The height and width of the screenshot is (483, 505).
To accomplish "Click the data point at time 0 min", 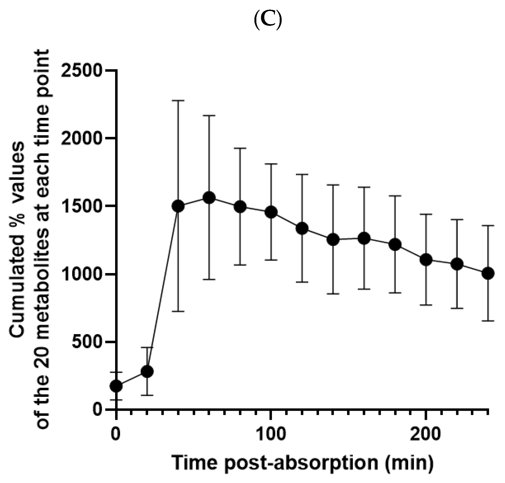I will point(116,386).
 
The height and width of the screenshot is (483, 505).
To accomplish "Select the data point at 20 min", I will point(147,371).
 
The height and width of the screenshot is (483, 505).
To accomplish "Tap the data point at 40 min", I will point(178,206).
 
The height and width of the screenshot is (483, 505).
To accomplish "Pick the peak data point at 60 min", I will point(209,198).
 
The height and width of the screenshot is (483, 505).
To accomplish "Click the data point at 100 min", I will point(271,212).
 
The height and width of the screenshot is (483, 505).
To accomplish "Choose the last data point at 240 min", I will point(488,273).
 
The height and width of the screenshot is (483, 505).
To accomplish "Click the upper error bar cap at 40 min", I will point(178,101).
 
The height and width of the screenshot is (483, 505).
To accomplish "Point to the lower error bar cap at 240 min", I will point(488,321).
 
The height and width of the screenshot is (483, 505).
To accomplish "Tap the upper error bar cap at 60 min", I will point(209,116).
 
